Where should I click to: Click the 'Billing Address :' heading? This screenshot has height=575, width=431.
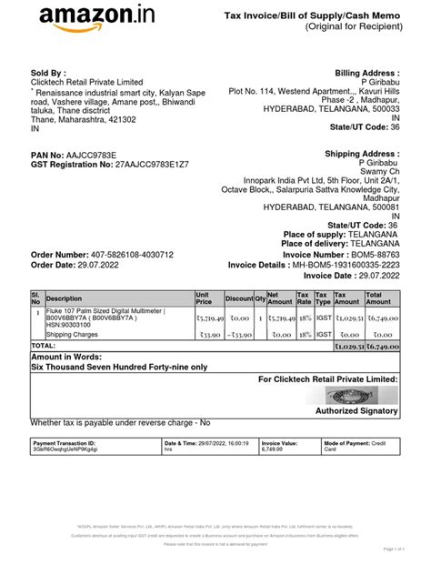pos(367,72)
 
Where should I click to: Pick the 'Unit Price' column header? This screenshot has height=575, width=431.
pos(205,298)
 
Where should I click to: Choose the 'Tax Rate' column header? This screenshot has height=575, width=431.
pos(304,298)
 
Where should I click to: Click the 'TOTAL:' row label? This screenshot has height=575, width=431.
pos(44,346)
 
